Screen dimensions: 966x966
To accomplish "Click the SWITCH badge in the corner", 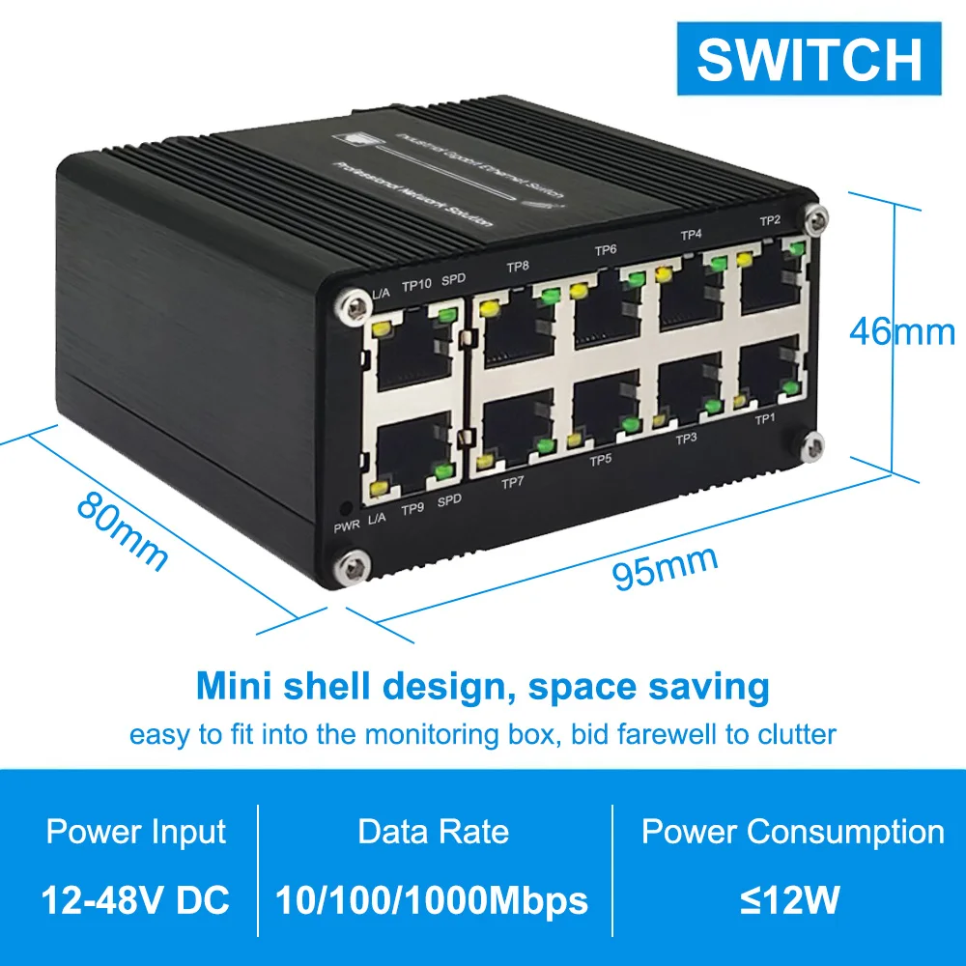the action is pos(809,59).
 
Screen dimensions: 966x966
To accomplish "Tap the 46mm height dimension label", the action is pos(902,331).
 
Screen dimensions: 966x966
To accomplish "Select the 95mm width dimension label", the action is pos(667,569).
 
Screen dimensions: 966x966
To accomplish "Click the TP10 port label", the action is pos(416,285).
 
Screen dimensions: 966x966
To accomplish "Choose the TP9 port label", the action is pos(412,508).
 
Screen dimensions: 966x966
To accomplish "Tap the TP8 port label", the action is pos(519,266).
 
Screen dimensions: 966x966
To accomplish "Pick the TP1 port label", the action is pos(765,419).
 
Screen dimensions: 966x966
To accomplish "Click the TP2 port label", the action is pos(770,220).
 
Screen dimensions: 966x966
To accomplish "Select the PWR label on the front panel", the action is pos(346,526).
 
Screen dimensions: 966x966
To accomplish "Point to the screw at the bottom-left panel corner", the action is pos(351,567).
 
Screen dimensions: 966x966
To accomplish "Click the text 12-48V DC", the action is pos(135,901).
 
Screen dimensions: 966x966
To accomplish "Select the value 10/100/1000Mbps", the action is pos(432,901).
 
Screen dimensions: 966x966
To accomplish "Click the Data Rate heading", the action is pos(433,832).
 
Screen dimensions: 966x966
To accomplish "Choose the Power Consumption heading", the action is pos(793,832).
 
